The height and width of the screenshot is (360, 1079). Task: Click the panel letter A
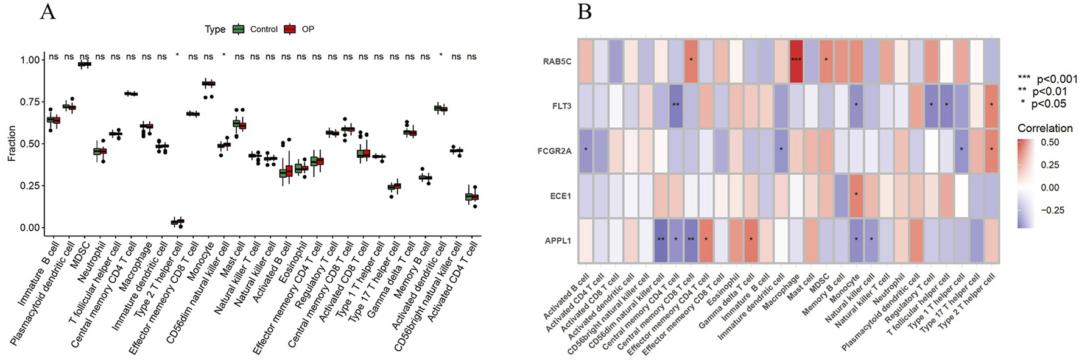pos(47,12)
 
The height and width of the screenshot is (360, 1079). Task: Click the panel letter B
pos(584,12)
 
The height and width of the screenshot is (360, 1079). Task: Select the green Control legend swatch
pos(239,29)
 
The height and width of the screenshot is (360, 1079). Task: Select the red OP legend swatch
pos(290,29)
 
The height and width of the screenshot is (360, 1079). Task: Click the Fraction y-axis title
pos(12,144)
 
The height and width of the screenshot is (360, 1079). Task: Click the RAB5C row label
pos(557,62)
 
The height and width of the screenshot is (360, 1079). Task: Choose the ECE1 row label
pos(560,196)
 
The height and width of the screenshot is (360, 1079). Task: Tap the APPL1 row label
pos(558,241)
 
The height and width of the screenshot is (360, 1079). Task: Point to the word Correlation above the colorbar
pos(1045,128)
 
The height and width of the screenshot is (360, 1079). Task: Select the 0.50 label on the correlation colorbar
pos(1050,143)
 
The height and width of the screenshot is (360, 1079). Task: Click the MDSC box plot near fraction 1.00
pos(85,64)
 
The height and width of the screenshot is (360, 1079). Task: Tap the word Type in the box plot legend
pos(214,29)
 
